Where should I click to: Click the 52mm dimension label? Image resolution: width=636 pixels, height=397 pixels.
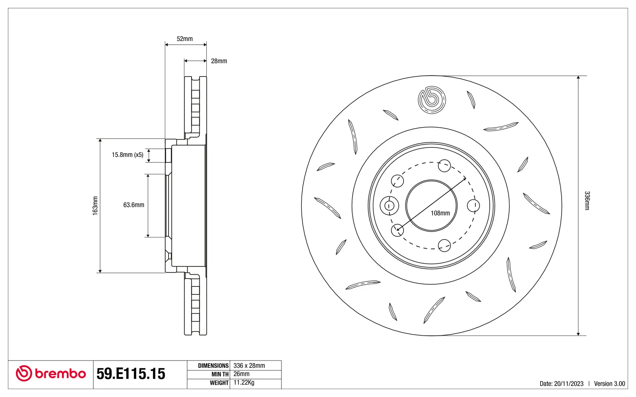pos(185,39)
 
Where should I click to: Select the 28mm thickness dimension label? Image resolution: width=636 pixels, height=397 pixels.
pos(219,61)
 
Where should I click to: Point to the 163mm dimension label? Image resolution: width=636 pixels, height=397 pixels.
pos(95,206)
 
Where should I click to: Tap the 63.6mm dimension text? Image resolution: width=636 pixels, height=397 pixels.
pos(134,205)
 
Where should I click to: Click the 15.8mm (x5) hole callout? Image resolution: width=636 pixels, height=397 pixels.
pos(128,154)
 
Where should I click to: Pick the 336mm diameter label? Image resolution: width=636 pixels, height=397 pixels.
pos(587,200)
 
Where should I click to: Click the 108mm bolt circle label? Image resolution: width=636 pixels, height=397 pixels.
pos(440,213)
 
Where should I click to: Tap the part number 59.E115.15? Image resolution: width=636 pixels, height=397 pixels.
pos(131,374)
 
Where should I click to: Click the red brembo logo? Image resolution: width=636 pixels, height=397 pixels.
pos(51,374)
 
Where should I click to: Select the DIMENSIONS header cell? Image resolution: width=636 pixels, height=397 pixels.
pos(213,366)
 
